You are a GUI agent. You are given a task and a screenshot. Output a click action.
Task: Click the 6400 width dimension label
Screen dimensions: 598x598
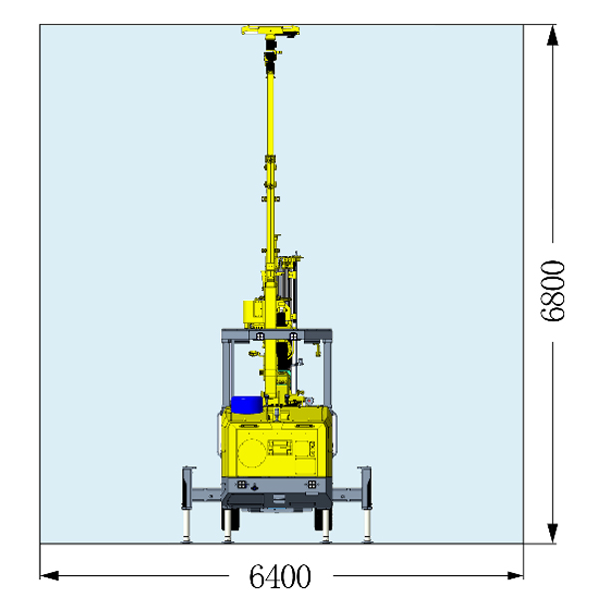point(280,576)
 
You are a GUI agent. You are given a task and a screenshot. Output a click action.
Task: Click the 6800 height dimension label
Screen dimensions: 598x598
point(553,291)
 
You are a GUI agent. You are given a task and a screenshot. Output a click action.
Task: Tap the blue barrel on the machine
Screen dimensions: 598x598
point(246,405)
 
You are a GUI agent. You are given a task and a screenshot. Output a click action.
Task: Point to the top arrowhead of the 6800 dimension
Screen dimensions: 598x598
point(552,36)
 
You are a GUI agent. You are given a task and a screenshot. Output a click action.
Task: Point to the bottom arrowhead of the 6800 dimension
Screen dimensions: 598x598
point(552,533)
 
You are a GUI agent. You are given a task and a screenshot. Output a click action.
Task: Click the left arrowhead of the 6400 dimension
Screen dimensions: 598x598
point(50,575)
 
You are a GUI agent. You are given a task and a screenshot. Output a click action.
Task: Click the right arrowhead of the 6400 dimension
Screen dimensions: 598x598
point(514,575)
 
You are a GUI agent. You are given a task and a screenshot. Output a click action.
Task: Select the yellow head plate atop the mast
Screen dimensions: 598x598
point(270,31)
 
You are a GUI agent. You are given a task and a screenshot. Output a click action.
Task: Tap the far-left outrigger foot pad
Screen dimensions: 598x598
point(186,539)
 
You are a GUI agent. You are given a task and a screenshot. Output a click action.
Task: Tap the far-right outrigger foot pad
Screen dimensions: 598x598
point(367,539)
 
